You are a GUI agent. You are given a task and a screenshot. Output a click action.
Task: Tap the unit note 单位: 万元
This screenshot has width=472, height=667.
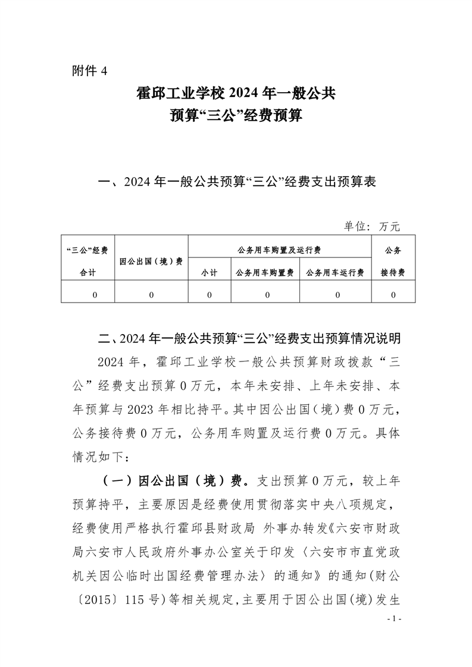coord(371,226)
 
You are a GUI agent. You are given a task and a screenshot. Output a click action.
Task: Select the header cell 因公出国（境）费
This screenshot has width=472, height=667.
coord(151,261)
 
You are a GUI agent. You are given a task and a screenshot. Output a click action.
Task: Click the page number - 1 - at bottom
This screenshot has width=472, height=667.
coord(395,619)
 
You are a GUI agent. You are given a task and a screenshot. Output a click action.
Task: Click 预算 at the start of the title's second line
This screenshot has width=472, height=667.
coord(184,115)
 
